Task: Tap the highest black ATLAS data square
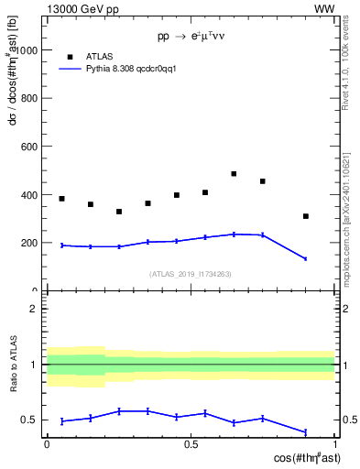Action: coord(234,174)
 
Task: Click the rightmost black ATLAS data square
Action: coord(306,216)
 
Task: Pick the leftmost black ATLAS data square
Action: coord(61,199)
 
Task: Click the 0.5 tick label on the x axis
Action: coord(191,443)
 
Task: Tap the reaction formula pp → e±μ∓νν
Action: coord(191,38)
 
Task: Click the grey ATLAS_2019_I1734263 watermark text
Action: coord(191,274)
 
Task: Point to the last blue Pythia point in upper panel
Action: coord(306,259)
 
